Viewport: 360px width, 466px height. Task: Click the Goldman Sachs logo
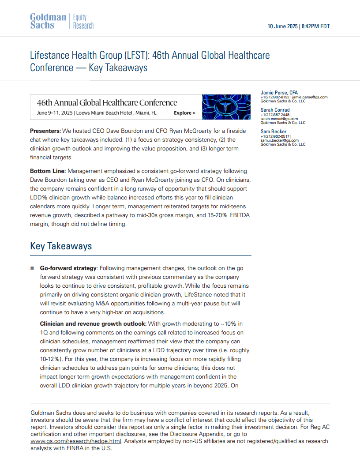48,21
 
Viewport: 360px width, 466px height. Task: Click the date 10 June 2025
282,26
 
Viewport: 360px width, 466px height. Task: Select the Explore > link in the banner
184,113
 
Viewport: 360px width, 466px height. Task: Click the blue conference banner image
223,107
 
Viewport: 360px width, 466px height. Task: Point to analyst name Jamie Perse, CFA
279,93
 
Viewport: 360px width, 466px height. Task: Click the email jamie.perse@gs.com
310,97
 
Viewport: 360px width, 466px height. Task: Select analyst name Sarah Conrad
275,110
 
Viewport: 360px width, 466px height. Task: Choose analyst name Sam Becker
274,132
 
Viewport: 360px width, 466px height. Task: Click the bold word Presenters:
45,131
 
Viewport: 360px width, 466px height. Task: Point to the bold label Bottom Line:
48,171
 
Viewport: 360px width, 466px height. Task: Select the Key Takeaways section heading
61,246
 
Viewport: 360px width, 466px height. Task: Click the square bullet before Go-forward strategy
32,268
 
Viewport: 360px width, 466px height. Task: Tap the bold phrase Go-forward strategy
68,268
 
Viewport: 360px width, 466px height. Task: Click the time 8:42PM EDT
316,26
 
